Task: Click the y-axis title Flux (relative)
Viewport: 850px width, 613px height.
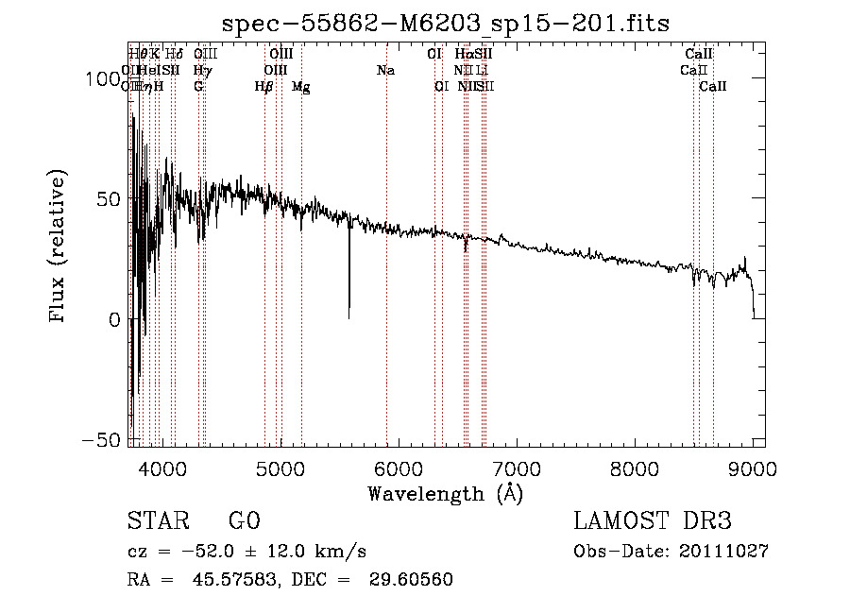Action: click(59, 246)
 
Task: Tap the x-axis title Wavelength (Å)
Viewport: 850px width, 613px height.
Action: click(445, 493)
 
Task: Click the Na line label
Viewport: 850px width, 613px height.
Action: click(385, 71)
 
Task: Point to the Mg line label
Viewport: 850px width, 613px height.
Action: click(300, 87)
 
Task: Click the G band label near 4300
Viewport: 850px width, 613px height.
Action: click(198, 87)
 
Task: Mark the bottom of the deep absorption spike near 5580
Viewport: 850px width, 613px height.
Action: click(349, 316)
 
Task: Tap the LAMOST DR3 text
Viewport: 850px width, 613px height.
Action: click(652, 521)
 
